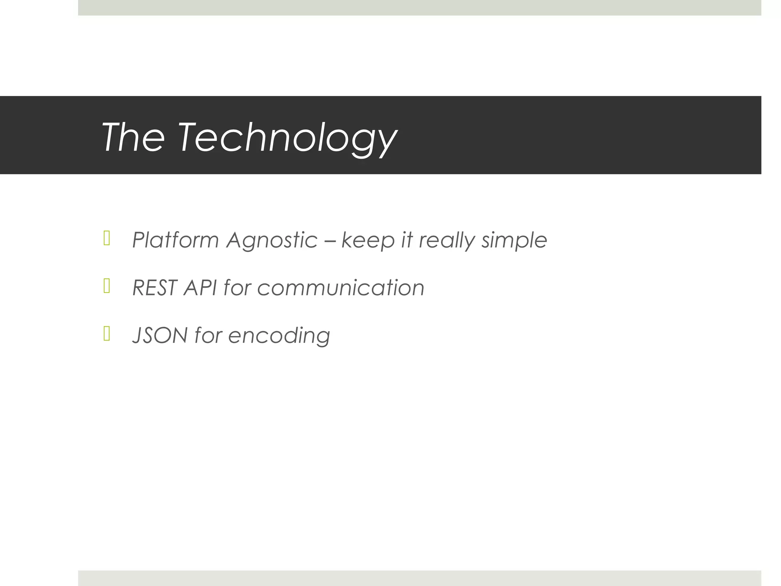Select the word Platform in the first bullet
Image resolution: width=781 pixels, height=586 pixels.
coord(175,240)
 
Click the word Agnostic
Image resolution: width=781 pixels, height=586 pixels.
coord(272,240)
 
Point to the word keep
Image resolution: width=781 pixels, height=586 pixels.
coord(368,240)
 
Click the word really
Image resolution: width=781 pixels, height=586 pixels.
coord(447,240)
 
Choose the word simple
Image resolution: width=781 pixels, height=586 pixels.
coord(514,240)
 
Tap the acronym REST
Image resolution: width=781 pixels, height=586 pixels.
coord(155,288)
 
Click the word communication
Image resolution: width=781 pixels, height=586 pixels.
coord(341,288)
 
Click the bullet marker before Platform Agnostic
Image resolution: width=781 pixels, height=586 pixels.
coord(107,238)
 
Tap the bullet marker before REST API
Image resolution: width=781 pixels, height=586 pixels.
coord(107,286)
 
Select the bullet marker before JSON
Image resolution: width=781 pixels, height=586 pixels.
coord(107,334)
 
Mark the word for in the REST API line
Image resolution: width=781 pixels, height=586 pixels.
coord(237,288)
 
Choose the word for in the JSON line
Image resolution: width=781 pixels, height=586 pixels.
coord(208,335)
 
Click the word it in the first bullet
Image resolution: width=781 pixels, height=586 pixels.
coord(407,240)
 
